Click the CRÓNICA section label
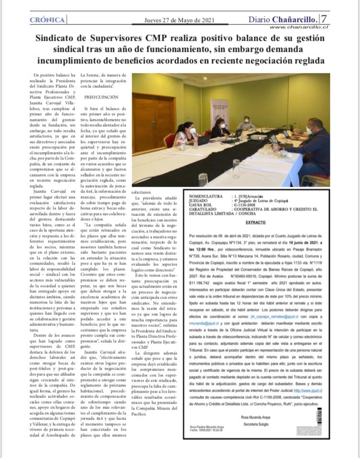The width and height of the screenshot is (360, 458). (47, 20)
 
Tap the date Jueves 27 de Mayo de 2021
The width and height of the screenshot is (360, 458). (180, 20)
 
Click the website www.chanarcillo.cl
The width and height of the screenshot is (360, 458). (298, 27)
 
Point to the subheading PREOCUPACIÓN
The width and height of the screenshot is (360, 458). (99, 97)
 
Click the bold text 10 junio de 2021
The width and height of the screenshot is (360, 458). (306, 244)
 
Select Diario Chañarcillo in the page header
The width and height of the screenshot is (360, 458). (283, 20)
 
